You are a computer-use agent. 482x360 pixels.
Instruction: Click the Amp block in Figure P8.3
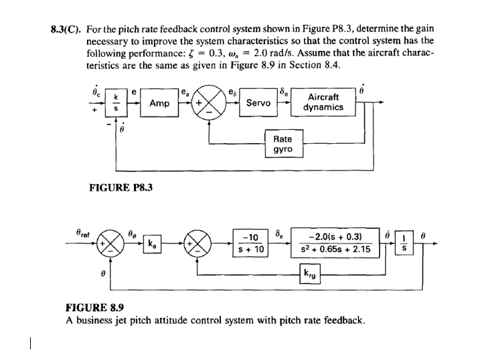pos(159,104)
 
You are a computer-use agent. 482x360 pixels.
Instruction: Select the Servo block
pos(258,103)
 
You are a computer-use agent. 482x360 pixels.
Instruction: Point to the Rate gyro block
pos(283,144)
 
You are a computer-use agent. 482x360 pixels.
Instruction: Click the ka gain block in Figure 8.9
pos(153,244)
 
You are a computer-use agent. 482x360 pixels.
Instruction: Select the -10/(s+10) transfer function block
pos(251,244)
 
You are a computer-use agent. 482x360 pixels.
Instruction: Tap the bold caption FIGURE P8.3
pos(120,188)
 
